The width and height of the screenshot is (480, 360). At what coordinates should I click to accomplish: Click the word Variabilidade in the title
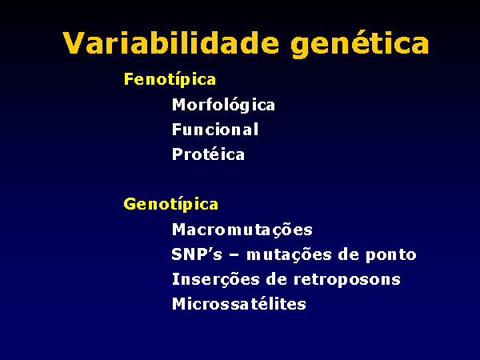171,42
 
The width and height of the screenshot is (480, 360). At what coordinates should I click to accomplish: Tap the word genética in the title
360,44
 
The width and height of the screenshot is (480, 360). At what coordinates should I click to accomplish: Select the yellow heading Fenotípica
170,79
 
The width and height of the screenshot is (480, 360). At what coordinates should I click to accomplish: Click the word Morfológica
223,105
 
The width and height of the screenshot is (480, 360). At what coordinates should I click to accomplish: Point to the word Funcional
215,129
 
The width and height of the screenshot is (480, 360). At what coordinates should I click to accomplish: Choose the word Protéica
208,154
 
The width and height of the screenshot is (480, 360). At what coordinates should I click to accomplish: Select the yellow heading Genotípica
171,204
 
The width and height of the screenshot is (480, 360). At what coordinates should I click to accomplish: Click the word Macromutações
242,230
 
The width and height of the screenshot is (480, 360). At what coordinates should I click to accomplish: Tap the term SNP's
197,254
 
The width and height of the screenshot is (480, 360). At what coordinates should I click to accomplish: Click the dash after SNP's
234,255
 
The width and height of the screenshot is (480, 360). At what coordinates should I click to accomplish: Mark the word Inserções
216,280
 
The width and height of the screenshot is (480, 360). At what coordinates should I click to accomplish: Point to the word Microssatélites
239,304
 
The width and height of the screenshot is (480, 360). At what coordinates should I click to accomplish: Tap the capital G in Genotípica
130,204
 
